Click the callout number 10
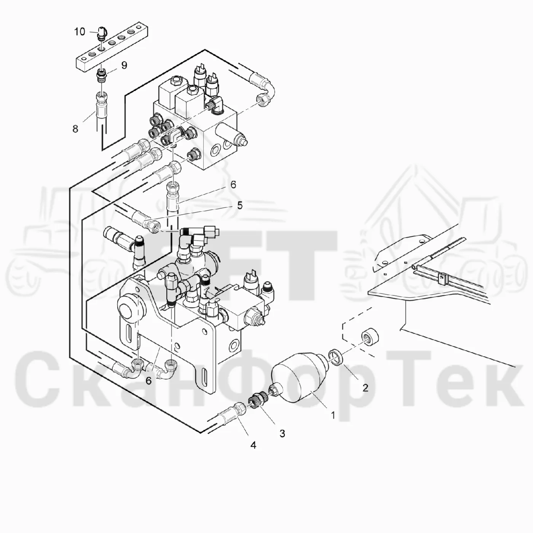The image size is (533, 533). click(x=80, y=32)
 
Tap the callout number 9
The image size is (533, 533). click(x=124, y=65)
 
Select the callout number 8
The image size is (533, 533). click(x=75, y=129)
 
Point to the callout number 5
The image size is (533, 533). click(x=239, y=206)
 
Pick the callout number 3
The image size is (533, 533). click(x=282, y=433)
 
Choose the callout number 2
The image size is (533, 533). click(x=365, y=388)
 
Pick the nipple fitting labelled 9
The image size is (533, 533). click(x=102, y=76)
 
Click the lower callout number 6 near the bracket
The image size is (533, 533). click(x=149, y=381)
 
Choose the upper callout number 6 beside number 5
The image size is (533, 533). click(x=233, y=185)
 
